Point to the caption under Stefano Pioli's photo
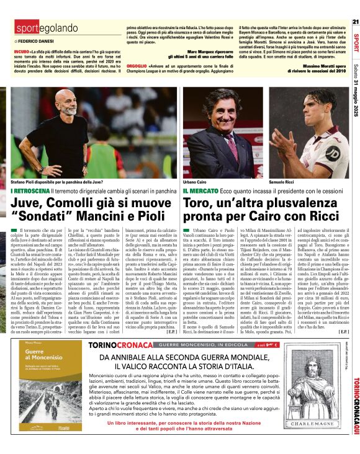(x=52, y=182)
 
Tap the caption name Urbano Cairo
(x=194, y=182)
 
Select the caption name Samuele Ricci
(x=283, y=182)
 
